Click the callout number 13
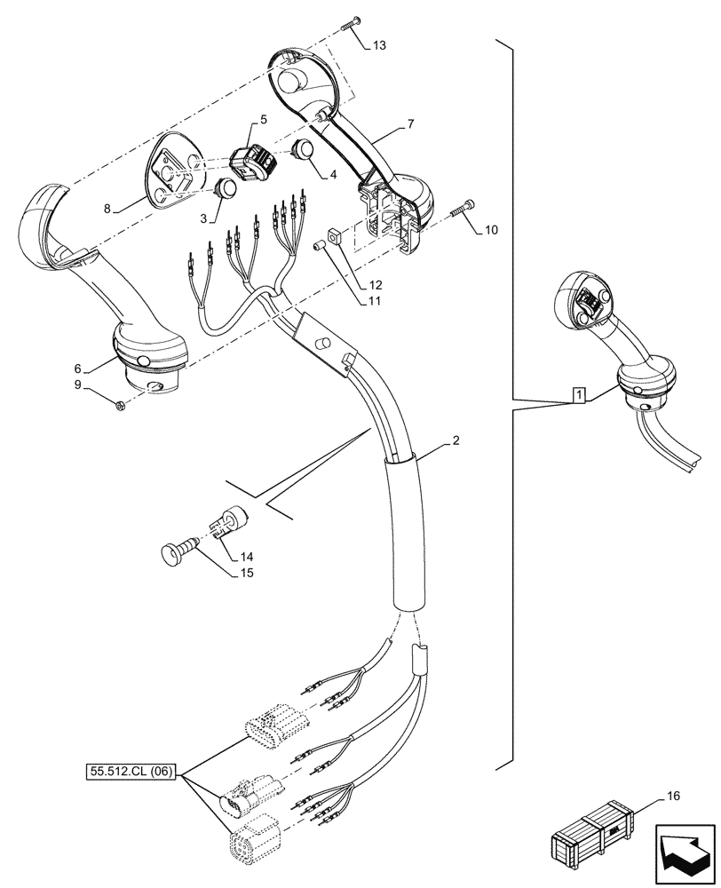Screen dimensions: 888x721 [x=379, y=46]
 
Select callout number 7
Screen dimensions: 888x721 [x=410, y=124]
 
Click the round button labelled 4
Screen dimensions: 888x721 [x=304, y=148]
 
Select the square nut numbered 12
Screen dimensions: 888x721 [x=335, y=236]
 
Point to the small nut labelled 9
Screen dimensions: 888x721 [x=122, y=407]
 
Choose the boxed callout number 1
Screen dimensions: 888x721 [x=578, y=394]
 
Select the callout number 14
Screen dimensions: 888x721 [x=245, y=557]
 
